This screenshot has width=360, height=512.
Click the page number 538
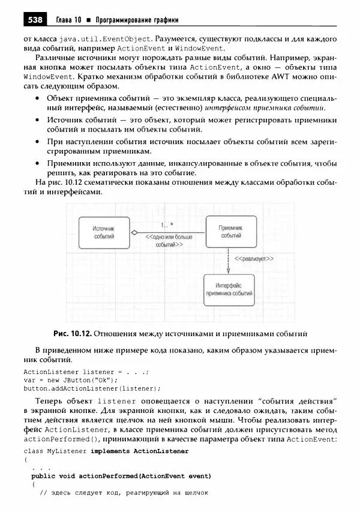point(34,20)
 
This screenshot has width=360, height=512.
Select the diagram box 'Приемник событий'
point(230,232)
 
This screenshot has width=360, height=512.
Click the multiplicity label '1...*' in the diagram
point(166,225)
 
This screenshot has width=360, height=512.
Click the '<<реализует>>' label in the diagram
point(254,259)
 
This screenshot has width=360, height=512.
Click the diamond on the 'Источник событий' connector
point(135,232)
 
